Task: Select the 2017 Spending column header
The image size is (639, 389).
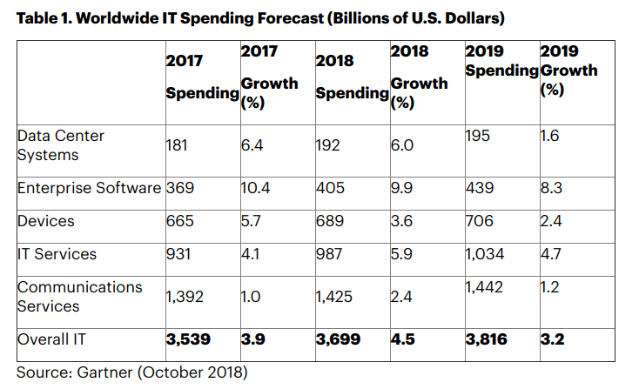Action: click(x=202, y=77)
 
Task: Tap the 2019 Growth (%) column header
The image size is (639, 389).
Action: click(x=568, y=69)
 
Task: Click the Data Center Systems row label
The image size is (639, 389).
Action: click(x=60, y=145)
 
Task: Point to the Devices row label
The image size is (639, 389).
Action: click(x=45, y=221)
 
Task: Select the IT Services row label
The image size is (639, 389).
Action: click(x=57, y=254)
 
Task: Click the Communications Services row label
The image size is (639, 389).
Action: click(x=79, y=296)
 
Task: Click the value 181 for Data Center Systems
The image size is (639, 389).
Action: click(x=178, y=145)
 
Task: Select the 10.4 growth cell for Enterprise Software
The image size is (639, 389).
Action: click(x=256, y=188)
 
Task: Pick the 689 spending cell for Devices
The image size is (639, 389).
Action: click(x=330, y=221)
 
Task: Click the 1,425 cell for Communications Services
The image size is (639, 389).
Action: click(x=335, y=297)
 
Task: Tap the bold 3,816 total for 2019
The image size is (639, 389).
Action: click(x=486, y=339)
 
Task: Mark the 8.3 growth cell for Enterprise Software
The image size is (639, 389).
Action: click(x=552, y=188)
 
